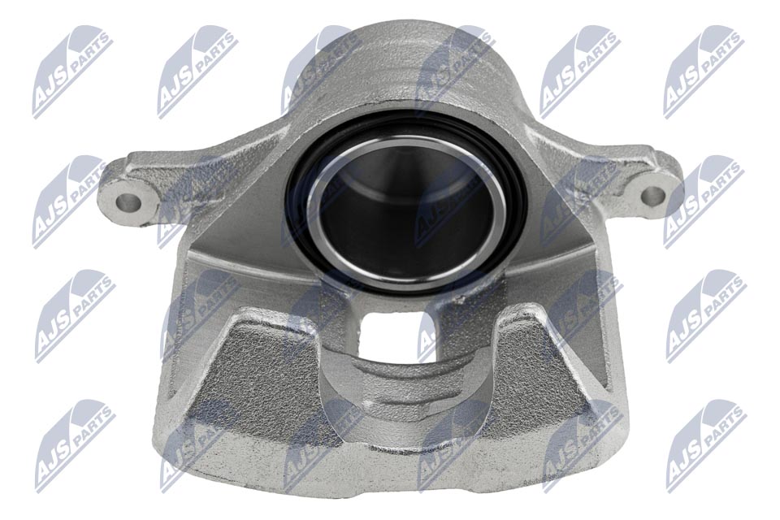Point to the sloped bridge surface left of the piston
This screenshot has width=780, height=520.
point(244,244)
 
